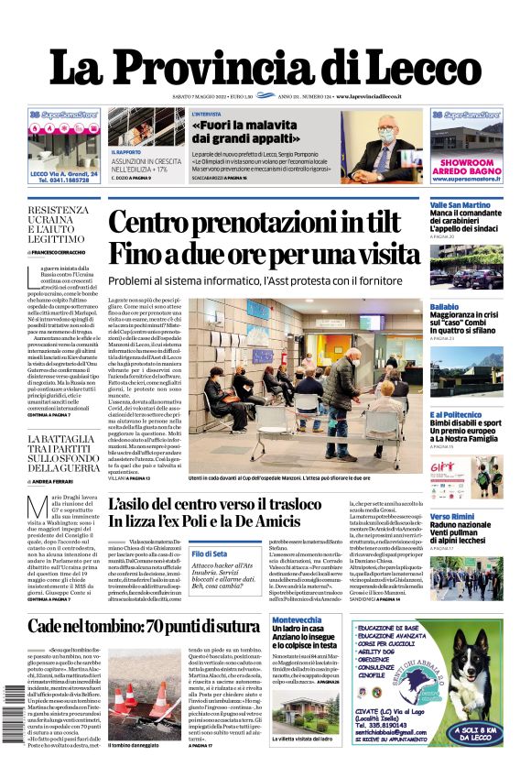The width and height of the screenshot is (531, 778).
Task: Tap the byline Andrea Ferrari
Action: pyautogui.click(x=56, y=480)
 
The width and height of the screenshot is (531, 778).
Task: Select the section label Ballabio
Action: pyautogui.click(x=444, y=305)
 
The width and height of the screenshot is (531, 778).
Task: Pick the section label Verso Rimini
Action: pyautogui.click(x=452, y=517)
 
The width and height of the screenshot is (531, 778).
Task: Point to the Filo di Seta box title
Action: pyautogui.click(x=210, y=553)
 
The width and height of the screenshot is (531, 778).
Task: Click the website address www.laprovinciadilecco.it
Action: pyautogui.click(x=382, y=96)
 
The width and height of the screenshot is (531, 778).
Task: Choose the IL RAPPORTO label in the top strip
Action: pyautogui.click(x=125, y=151)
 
